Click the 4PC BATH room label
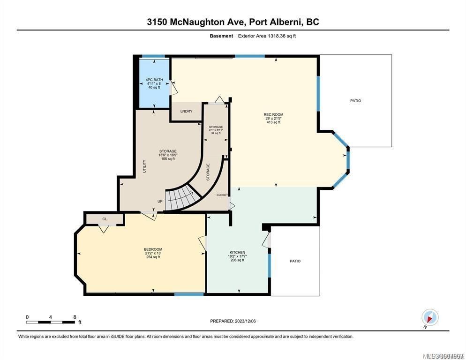[154, 80]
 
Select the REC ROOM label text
[273, 114]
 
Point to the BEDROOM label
[153, 249]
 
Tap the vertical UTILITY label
[144, 166]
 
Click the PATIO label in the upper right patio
[355, 101]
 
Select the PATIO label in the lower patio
[295, 261]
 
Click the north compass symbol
[429, 317]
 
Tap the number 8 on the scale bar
[75, 317]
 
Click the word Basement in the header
[221, 36]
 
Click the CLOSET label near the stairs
[222, 195]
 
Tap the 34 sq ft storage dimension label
[216, 133]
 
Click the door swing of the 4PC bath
[173, 87]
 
